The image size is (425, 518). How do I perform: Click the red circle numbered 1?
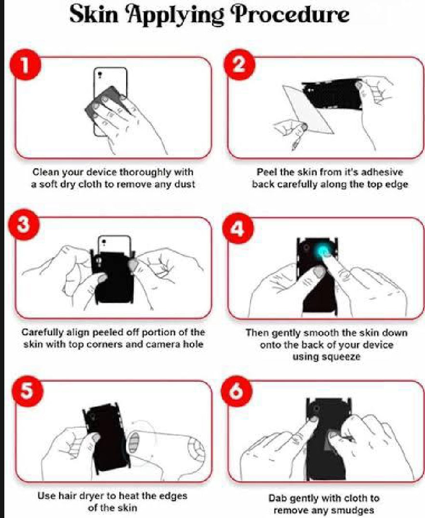[x=25, y=65]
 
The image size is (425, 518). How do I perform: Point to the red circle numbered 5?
[x=27, y=390]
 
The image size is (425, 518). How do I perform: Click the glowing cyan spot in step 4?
[x=324, y=252]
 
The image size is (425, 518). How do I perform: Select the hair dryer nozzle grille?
[x=134, y=443]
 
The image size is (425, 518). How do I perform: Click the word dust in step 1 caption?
[x=184, y=184]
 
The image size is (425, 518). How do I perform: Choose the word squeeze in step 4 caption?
[x=326, y=357]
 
